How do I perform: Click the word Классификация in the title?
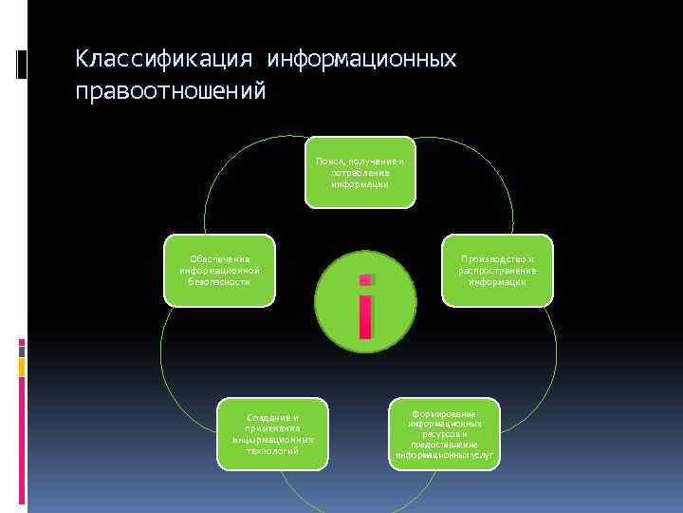(x=164, y=60)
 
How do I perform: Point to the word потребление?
(x=360, y=173)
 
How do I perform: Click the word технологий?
(x=272, y=451)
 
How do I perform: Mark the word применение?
(x=272, y=428)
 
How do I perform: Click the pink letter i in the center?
(x=365, y=306)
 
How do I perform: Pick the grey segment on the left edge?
(x=22, y=351)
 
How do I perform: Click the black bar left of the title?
(x=21, y=65)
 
